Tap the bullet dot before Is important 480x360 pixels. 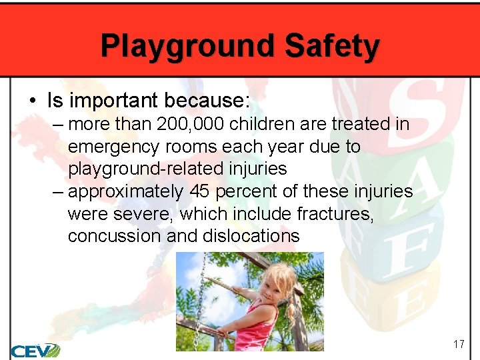[33, 101]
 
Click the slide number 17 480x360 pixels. [458, 345]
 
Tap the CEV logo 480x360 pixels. [35, 350]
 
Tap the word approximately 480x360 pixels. [126, 192]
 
